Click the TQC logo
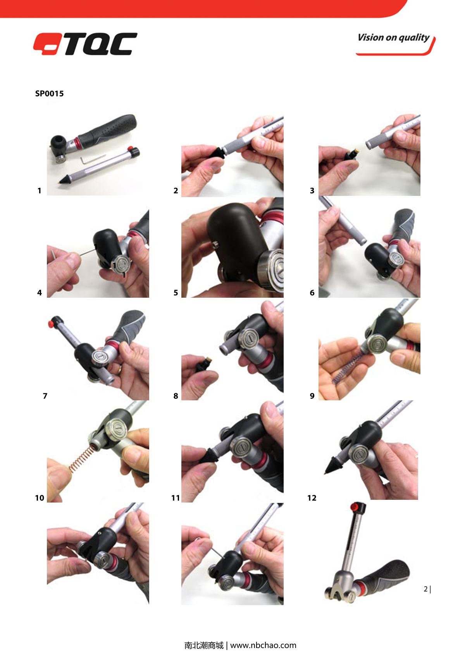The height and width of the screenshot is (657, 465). tap(85, 44)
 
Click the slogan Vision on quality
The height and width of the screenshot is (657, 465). tap(393, 38)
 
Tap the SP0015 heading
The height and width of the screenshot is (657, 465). tap(49, 94)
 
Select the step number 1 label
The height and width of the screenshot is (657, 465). tap(40, 190)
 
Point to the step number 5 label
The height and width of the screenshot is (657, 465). tap(176, 293)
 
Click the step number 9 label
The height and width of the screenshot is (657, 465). tap(312, 396)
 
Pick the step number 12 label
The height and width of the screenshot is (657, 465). tap(312, 498)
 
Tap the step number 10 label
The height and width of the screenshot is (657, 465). tap(40, 498)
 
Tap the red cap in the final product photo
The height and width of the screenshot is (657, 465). tap(355, 506)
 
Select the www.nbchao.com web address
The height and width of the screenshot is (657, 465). tap(263, 645)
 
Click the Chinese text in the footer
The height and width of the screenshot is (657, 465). tap(204, 645)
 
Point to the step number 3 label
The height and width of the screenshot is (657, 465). tap(312, 190)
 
